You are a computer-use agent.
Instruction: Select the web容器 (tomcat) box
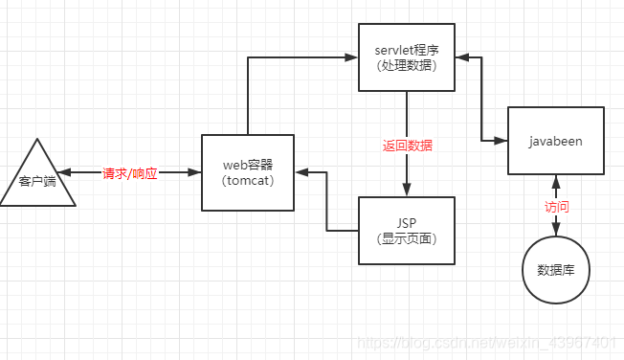pyautogui.click(x=248, y=172)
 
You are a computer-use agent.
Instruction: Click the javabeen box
pyautogui.click(x=555, y=140)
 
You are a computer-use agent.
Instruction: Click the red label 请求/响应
pyautogui.click(x=130, y=173)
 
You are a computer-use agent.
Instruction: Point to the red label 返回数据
pyautogui.click(x=408, y=146)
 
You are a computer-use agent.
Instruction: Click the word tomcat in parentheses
pyautogui.click(x=248, y=181)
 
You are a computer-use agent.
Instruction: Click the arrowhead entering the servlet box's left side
pyautogui.click(x=352, y=57)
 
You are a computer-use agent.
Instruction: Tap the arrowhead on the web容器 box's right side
pyautogui.click(x=301, y=173)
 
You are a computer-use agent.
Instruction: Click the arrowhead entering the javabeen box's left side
pyautogui.click(x=501, y=141)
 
